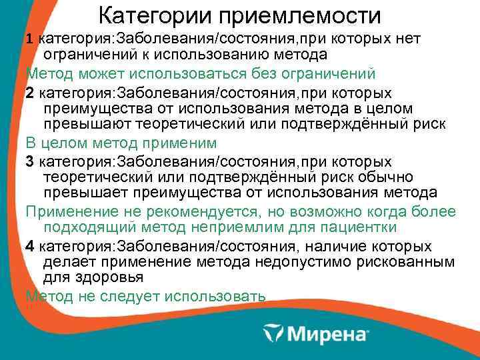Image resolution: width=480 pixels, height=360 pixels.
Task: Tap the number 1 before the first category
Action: click(x=29, y=39)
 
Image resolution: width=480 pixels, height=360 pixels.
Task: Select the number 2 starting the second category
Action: click(x=29, y=91)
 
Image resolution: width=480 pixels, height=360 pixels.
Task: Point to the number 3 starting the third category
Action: click(x=29, y=162)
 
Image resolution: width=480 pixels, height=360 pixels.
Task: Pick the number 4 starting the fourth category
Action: click(x=29, y=246)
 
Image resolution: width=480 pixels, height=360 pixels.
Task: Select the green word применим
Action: click(x=200, y=143)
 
